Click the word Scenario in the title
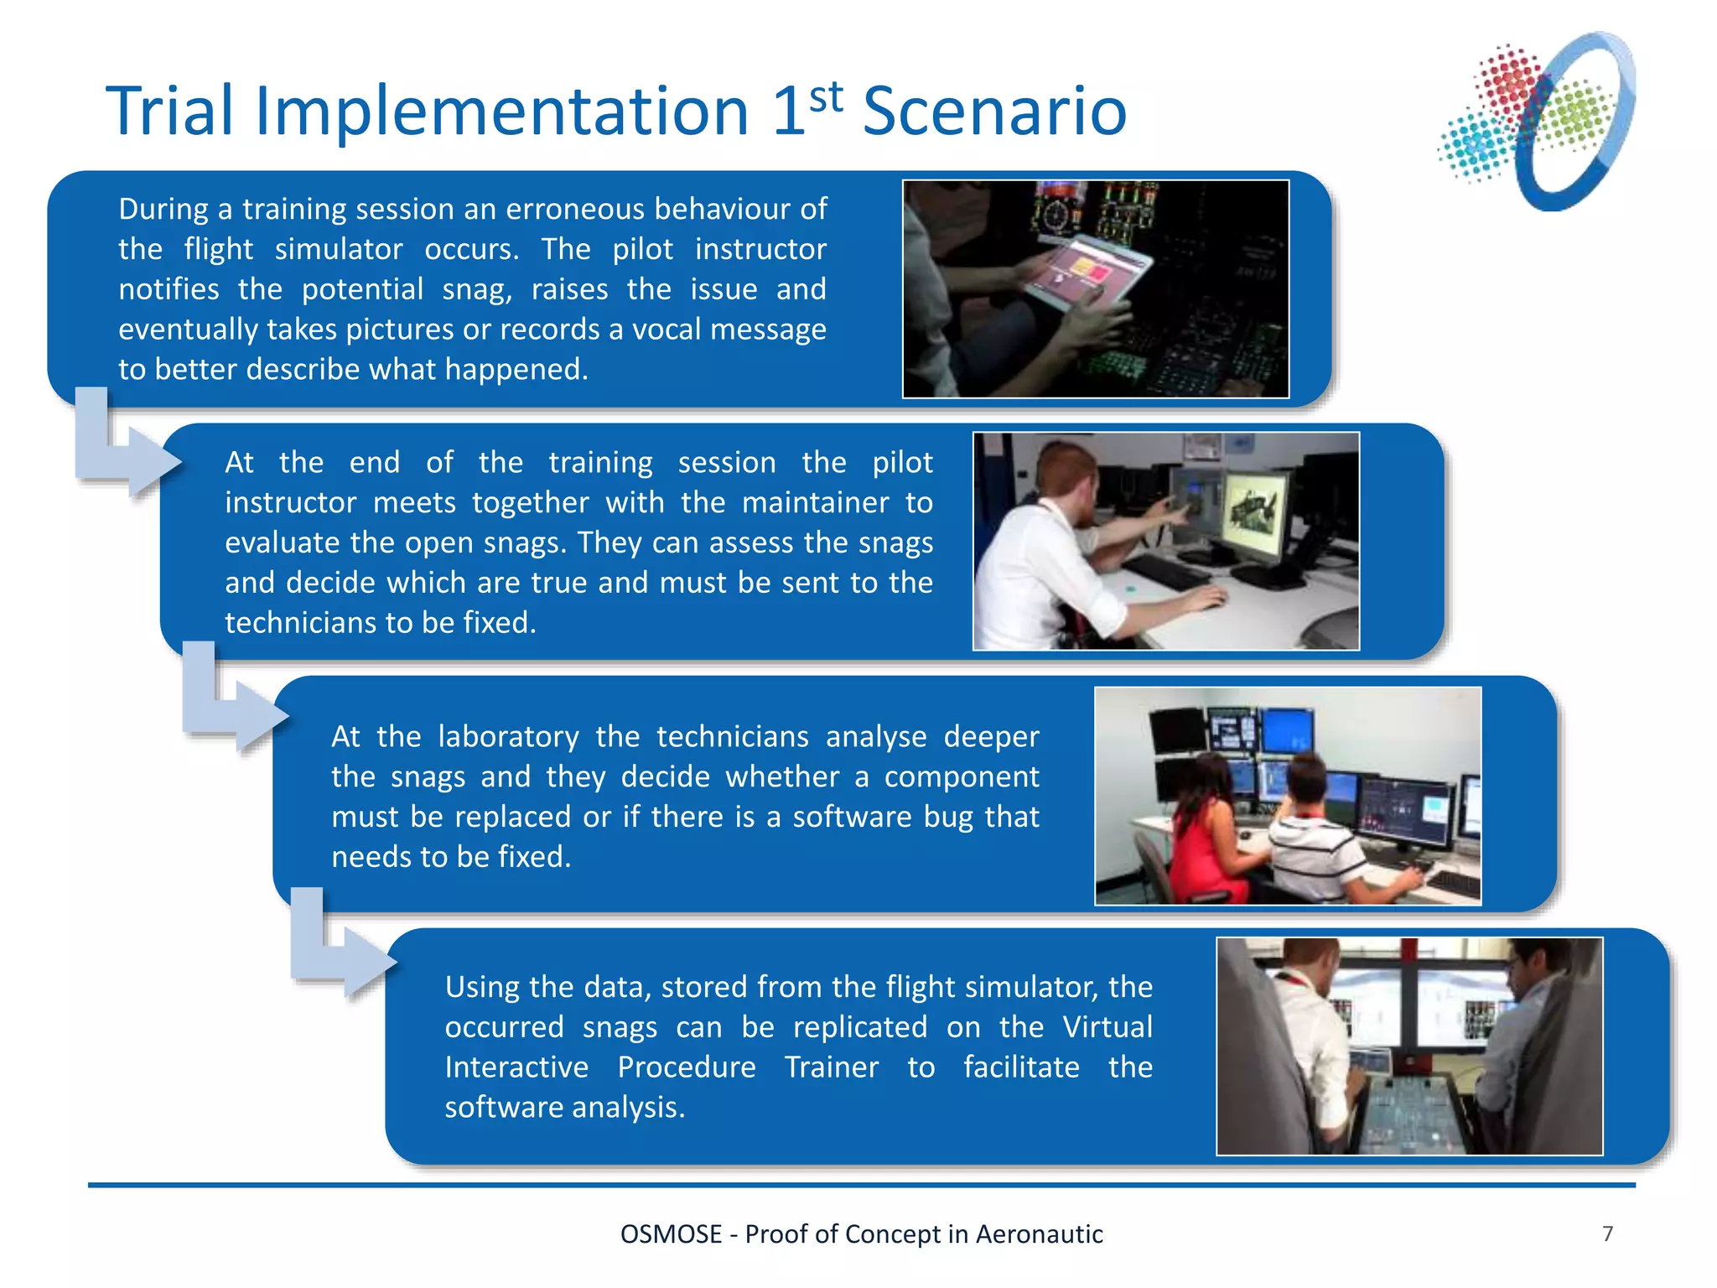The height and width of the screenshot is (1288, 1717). (994, 112)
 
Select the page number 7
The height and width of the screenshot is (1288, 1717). (1607, 1233)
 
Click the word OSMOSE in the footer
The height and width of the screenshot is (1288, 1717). (671, 1234)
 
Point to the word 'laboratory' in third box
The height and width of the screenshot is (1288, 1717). (508, 736)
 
